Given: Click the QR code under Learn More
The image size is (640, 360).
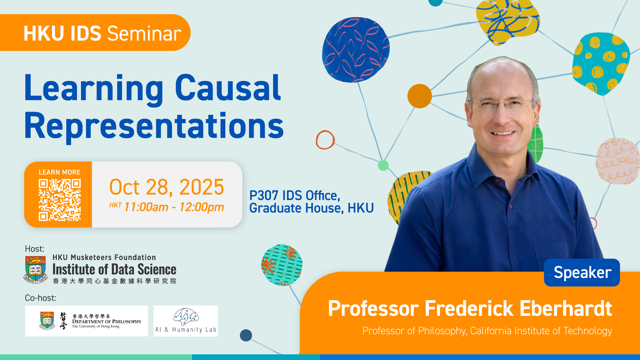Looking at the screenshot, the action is pos(60,200).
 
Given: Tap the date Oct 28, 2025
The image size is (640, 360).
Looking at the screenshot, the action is pos(167,187).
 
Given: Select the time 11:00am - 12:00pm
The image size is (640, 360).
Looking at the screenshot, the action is pos(174,207).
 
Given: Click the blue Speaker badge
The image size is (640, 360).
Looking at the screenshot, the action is pos(582,272).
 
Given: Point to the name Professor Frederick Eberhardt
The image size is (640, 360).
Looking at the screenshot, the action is pos(470,308).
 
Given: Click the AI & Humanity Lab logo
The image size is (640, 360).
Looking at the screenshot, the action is pos(186,321).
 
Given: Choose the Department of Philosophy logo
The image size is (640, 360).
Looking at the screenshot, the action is pos(87,321).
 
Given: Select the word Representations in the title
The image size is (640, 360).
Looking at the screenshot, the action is pos(154,126).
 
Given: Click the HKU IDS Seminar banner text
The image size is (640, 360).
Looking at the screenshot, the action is pos(102,33).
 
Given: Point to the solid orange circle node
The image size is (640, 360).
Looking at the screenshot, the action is pos(420,96).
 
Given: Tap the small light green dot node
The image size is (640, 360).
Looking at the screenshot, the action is pos(383,165).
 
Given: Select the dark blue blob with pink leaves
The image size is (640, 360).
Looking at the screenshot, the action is pos(355,49).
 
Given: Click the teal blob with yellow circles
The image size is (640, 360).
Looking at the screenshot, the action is pos(601,63).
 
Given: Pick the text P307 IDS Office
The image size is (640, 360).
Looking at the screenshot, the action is pos(295,195).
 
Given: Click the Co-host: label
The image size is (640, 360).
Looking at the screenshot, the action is pos(40,298).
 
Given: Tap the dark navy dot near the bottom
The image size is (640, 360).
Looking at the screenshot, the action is pos(246,335).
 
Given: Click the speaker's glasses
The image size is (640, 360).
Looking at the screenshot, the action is pos(503,104).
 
